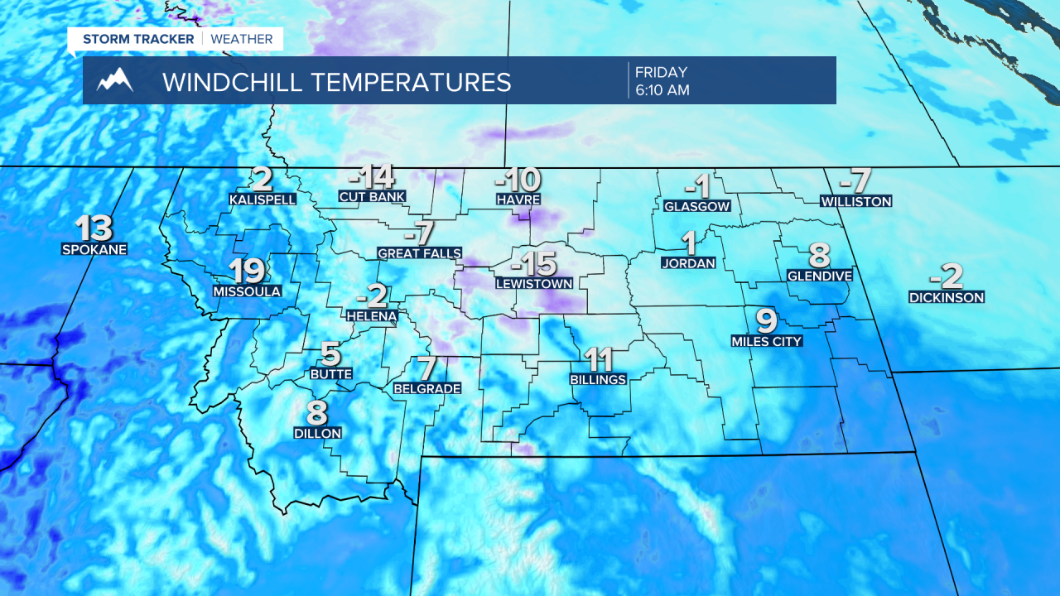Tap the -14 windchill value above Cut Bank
click(x=371, y=177)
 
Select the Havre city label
click(x=518, y=199)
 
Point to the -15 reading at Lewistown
click(x=533, y=264)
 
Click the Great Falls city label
click(x=419, y=253)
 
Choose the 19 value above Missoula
click(x=247, y=271)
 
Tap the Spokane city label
click(x=94, y=248)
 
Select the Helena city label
click(x=372, y=315)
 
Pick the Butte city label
click(x=330, y=374)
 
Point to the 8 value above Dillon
click(x=317, y=412)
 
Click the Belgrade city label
click(x=426, y=388)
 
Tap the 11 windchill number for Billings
click(x=598, y=359)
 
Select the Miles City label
click(x=767, y=341)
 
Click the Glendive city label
click(x=819, y=276)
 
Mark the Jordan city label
click(x=688, y=263)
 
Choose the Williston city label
click(x=855, y=201)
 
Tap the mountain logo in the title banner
click(x=115, y=81)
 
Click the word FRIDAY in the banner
click(x=661, y=73)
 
